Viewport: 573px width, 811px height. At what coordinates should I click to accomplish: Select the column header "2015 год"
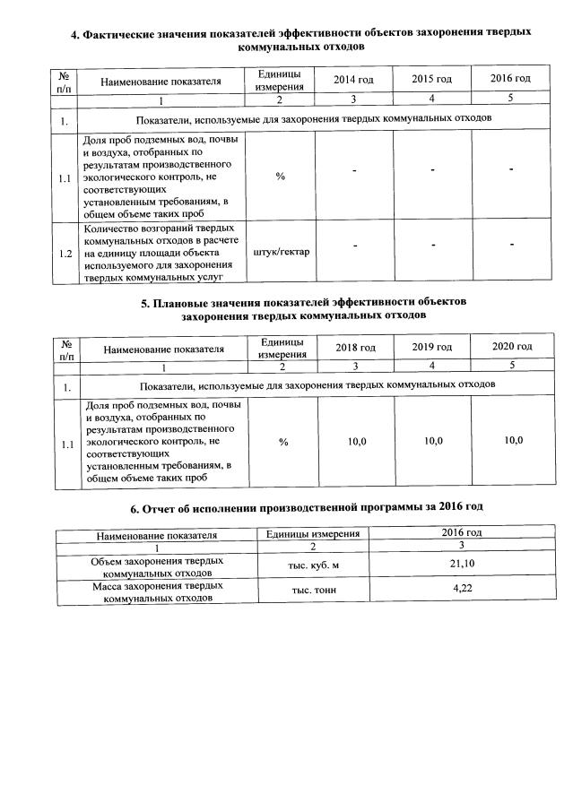pyautogui.click(x=431, y=81)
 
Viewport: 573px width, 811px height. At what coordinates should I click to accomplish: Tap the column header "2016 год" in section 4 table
pyautogui.click(x=510, y=81)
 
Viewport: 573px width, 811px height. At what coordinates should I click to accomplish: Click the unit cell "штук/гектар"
pyautogui.click(x=281, y=252)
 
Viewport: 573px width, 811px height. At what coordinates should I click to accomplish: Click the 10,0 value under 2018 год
pyautogui.click(x=356, y=441)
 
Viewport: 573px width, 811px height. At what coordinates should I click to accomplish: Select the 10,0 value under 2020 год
pyautogui.click(x=512, y=440)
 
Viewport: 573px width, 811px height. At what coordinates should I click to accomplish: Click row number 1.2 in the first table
pyautogui.click(x=65, y=254)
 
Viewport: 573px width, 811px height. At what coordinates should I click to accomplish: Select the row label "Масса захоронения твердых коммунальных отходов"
pyautogui.click(x=158, y=591)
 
